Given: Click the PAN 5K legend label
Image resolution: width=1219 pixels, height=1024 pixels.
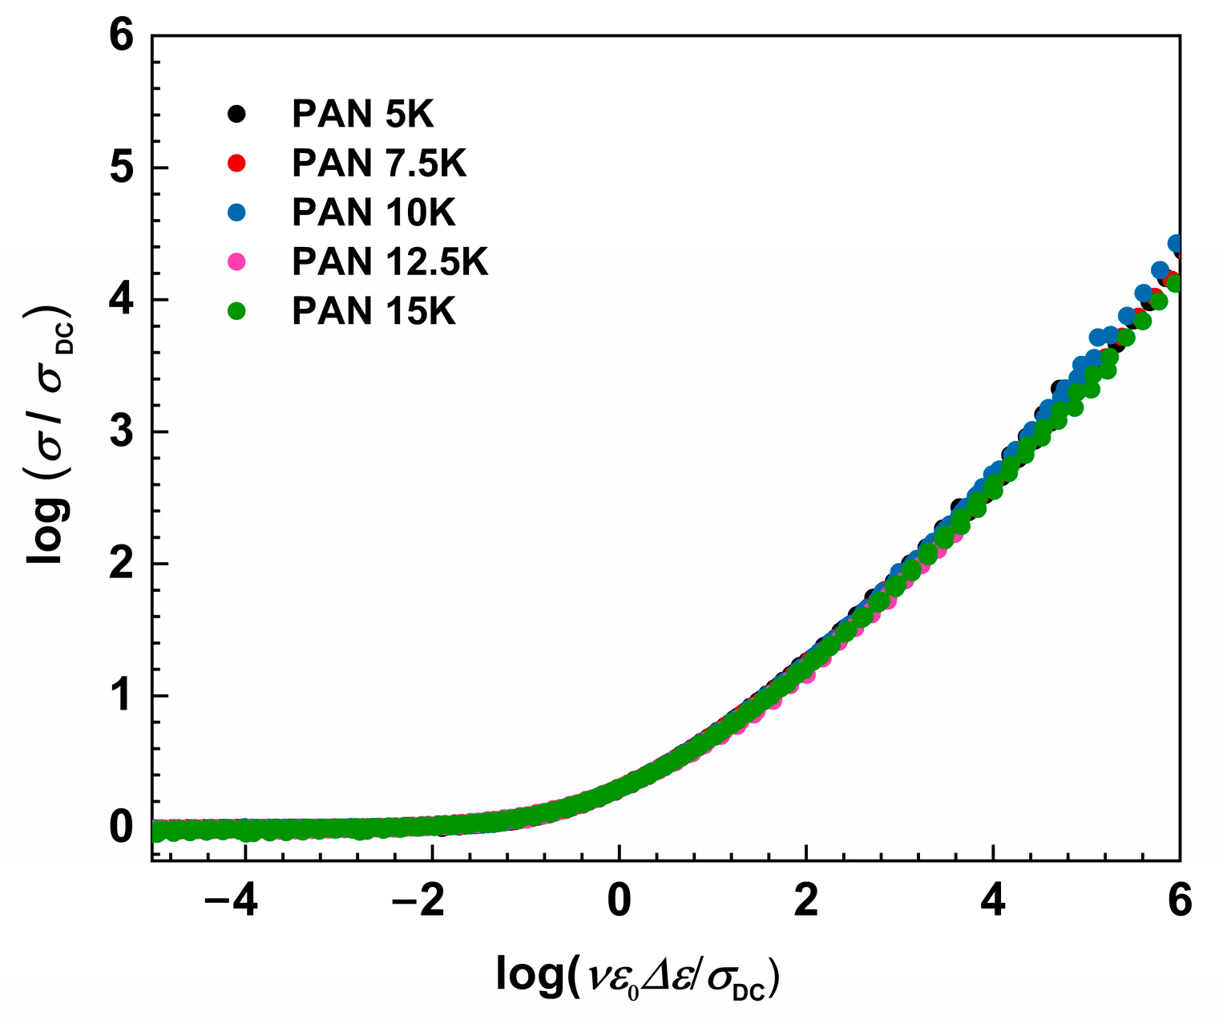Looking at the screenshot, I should [x=362, y=115].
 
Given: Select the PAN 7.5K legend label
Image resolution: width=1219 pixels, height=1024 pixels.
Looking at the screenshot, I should [x=378, y=164].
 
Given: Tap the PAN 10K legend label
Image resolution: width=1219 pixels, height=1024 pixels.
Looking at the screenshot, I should [x=373, y=212].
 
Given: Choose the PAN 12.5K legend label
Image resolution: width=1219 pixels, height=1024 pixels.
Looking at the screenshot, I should [x=390, y=262].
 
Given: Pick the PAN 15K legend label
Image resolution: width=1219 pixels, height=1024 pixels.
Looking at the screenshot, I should [x=373, y=311].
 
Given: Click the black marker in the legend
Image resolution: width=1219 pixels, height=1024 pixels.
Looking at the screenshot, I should [x=236, y=115].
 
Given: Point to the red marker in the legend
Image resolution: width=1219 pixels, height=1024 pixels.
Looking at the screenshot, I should [x=236, y=164].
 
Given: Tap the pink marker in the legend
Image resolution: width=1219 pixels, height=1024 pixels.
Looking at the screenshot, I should [x=236, y=262].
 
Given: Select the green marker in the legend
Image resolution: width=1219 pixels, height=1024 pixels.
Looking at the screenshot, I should [x=236, y=311].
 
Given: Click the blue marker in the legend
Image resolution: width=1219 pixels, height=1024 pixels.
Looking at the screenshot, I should [x=236, y=212].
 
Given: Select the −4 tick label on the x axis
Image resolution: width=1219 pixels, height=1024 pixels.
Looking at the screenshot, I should [x=231, y=901].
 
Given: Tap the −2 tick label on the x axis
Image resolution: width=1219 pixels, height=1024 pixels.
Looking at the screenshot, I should [x=418, y=901].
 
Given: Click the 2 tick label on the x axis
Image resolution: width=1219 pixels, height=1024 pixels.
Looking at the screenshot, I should [x=806, y=901].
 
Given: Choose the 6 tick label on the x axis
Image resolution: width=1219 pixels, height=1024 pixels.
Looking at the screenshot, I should [x=1180, y=901].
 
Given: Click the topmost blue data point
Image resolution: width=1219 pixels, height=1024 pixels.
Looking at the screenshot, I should [x=1176, y=243].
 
